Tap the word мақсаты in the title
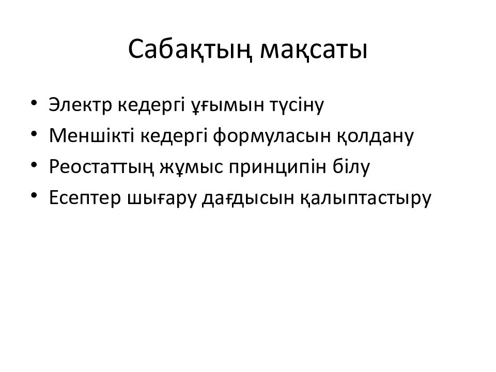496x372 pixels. pyautogui.click(x=314, y=50)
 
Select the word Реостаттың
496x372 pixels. pyautogui.click(x=95, y=168)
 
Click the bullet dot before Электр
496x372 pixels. pyautogui.click(x=34, y=103)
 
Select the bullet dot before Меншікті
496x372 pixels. pyautogui.click(x=34, y=134)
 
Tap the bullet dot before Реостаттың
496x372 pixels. pyautogui.click(x=34, y=166)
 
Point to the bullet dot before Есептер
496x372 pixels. pyautogui.click(x=34, y=197)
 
